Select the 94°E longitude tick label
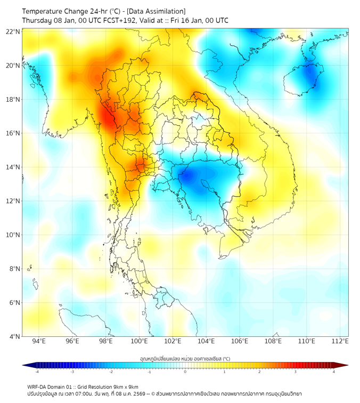pos(39,341)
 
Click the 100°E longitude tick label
pos(139,341)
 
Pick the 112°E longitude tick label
pos(340,341)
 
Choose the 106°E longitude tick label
pos(240,341)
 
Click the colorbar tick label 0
pos(185,372)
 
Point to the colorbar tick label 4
pos(334,372)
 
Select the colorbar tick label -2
pos(111,372)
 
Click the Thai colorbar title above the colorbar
pos(185,358)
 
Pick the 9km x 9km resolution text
pos(126,386)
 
